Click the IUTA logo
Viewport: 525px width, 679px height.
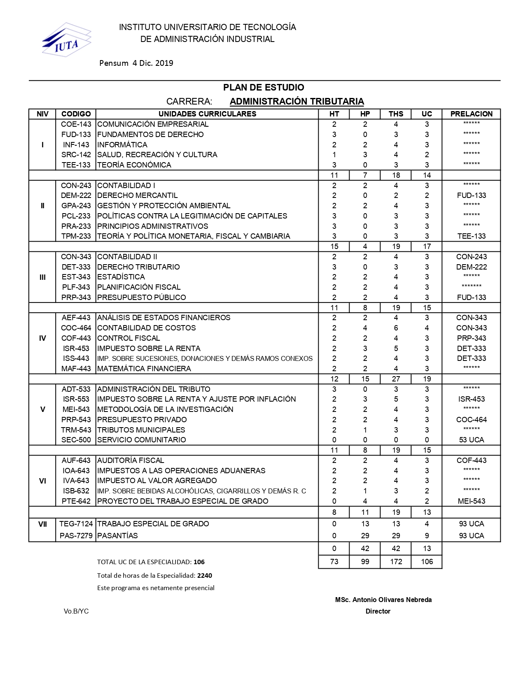point(66,40)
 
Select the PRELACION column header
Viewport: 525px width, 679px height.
point(471,114)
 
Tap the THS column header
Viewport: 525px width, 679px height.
point(396,114)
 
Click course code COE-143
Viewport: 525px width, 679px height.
point(76,124)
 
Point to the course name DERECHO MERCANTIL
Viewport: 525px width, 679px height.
point(138,195)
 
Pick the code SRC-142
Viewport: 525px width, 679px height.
point(76,155)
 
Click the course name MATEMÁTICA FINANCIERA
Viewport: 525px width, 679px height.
point(144,369)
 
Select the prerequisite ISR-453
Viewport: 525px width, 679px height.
point(471,399)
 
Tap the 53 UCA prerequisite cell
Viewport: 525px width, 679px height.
point(471,440)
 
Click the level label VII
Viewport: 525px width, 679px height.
point(42,524)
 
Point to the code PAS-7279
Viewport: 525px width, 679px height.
point(76,536)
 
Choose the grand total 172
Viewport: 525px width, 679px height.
point(396,562)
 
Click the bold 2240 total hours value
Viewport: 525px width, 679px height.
point(205,575)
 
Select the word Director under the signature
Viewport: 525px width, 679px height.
point(378,612)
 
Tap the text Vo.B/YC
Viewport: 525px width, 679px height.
point(76,612)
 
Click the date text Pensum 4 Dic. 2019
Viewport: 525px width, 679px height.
point(136,63)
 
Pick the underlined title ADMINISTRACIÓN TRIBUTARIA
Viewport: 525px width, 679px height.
point(296,102)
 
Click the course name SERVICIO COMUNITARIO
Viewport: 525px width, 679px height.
point(142,440)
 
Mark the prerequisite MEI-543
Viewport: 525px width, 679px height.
point(471,501)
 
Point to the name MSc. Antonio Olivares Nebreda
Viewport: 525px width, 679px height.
point(383,600)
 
